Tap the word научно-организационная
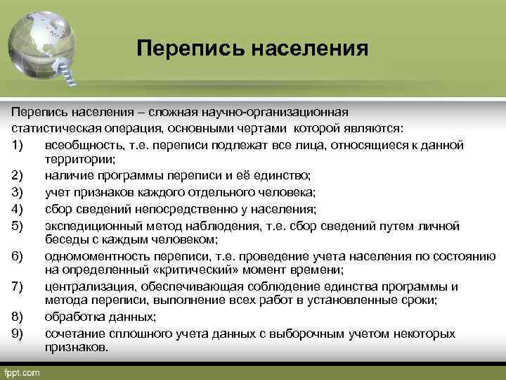click(x=282, y=113)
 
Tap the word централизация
click(x=84, y=286)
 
